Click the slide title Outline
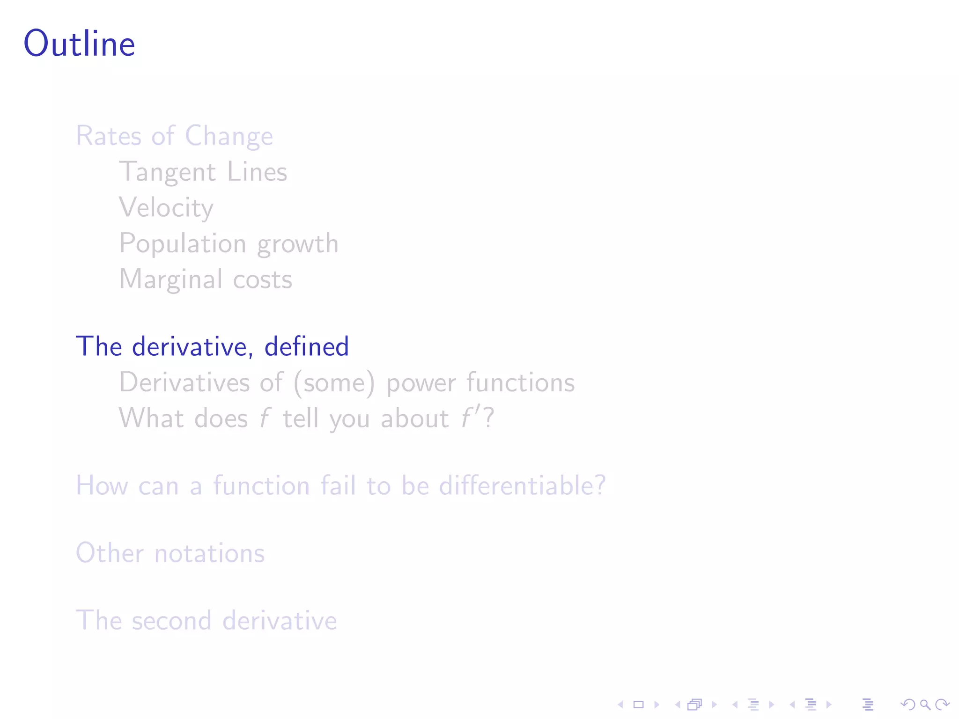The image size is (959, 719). [x=80, y=44]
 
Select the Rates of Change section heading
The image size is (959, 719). [x=174, y=136]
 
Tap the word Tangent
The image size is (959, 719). [x=167, y=172]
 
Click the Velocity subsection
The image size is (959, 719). [x=166, y=208]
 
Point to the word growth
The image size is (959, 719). [x=297, y=244]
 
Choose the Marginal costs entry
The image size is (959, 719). [x=206, y=279]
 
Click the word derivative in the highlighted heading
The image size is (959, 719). [x=192, y=347]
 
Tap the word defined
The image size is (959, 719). [x=306, y=347]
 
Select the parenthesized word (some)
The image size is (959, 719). [x=334, y=383]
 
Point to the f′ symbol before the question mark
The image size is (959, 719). [x=470, y=418]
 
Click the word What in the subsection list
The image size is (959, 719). [x=151, y=418]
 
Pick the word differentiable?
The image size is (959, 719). [x=522, y=485]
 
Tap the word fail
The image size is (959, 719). [x=338, y=485]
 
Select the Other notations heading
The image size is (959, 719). [x=170, y=553]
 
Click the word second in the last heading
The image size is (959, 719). [x=171, y=621]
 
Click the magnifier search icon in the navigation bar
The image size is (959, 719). [x=925, y=704]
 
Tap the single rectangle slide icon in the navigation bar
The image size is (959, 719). [x=639, y=704]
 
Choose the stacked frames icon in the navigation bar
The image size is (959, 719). [x=695, y=704]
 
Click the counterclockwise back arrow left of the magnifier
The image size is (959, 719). [x=908, y=704]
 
